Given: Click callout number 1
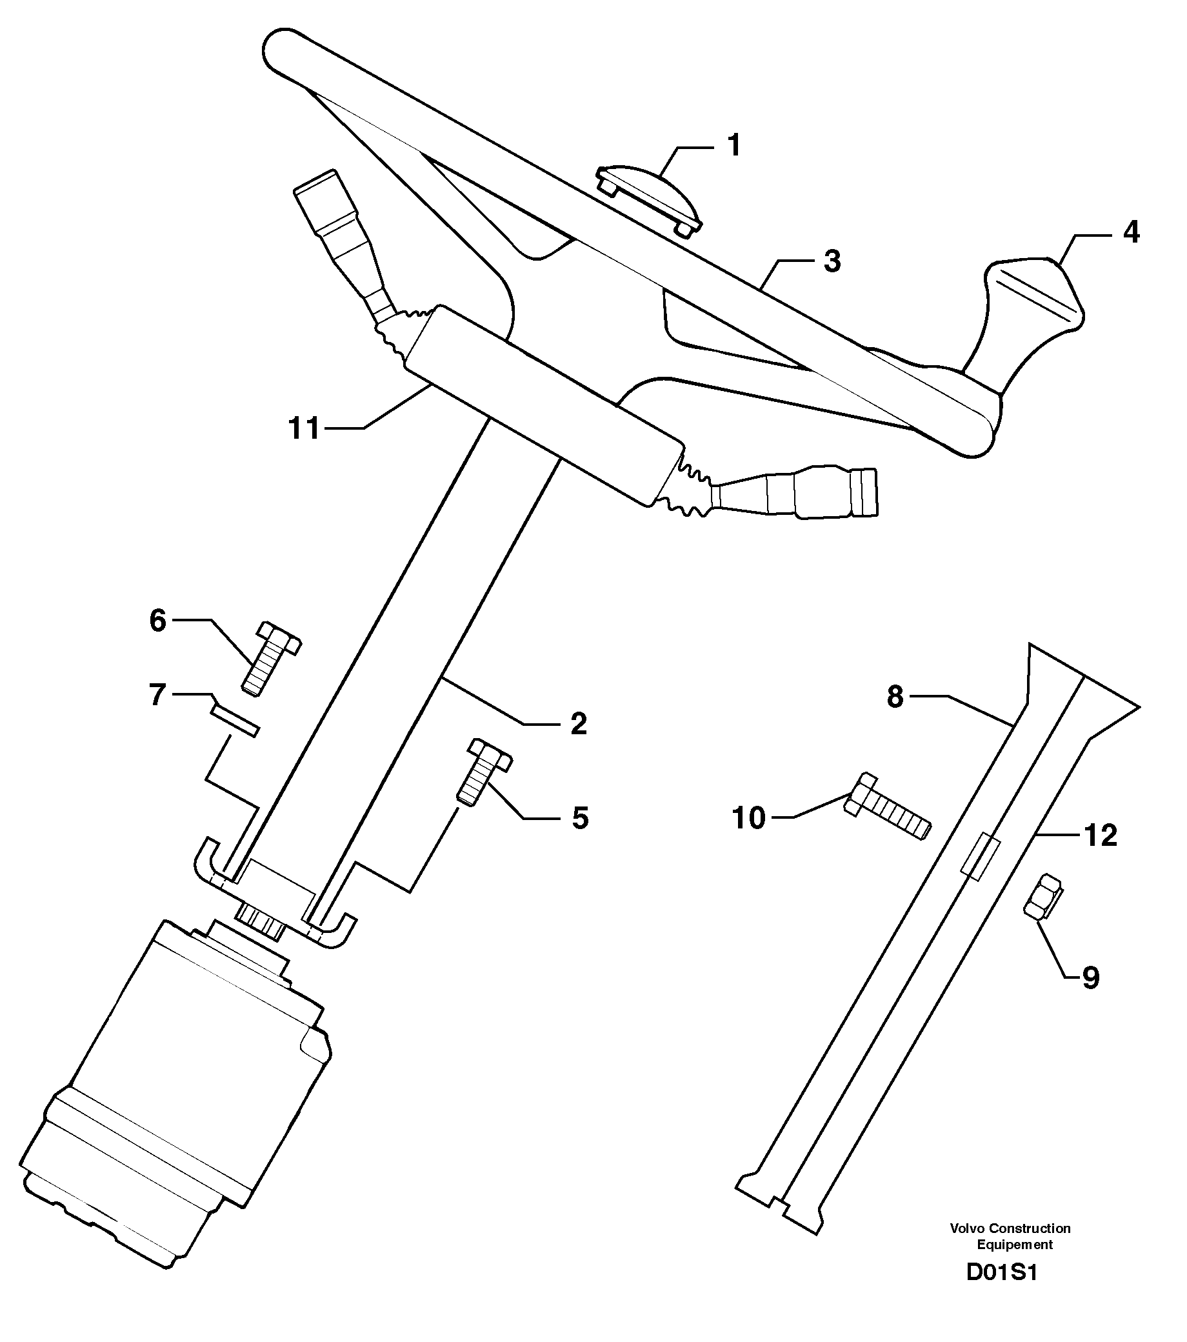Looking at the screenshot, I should point(734,145).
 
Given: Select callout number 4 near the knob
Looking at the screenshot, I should point(1130,232).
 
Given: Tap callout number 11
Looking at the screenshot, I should point(304,429).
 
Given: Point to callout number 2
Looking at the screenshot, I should point(578,723).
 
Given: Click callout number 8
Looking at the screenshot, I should point(895,697).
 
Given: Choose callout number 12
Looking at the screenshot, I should point(1101,836).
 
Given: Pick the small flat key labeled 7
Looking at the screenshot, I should point(234,722).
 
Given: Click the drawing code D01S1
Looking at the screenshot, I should point(1001,1290).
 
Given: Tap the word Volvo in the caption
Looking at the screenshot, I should point(967,1228).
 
